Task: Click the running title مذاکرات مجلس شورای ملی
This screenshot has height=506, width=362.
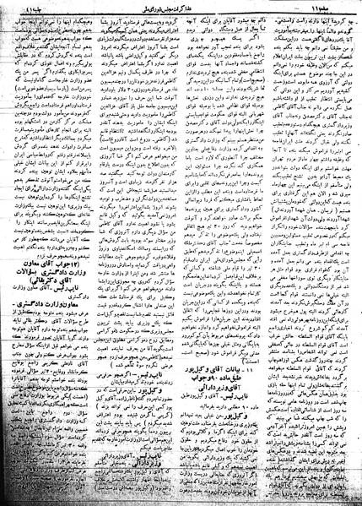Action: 176,6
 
